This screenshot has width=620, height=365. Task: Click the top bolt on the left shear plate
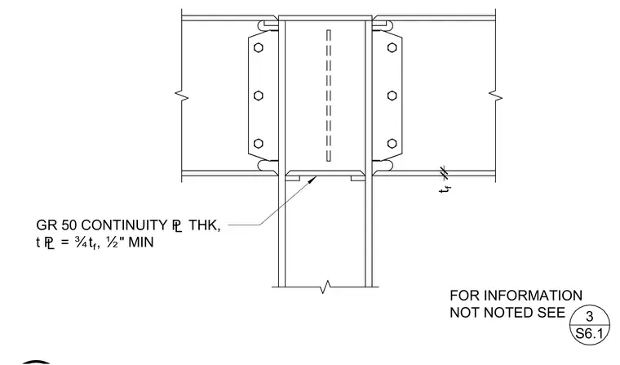[259, 47]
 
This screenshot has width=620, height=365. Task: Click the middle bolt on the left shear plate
[259, 96]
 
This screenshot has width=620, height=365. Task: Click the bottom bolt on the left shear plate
[259, 144]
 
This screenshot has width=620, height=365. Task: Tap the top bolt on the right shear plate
[392, 47]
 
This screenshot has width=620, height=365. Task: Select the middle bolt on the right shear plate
[392, 96]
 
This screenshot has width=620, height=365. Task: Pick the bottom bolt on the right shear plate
[392, 144]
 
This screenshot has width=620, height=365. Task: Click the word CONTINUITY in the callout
[124, 225]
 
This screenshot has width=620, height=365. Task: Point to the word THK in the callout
[204, 225]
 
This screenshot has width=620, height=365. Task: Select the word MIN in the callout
[141, 242]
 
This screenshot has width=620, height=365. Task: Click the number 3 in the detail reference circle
[590, 316]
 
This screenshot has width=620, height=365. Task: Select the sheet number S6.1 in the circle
[589, 333]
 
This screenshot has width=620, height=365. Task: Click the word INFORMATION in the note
[533, 296]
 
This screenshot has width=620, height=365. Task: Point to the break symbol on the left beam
[182, 96]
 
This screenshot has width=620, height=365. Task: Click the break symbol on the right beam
[495, 96]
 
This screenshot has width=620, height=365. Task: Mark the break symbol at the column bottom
[325, 287]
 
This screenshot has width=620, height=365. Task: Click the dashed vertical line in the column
[329, 96]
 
